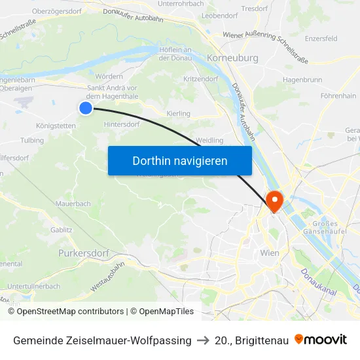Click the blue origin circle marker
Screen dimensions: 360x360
click(86, 108)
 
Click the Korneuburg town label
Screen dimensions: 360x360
click(232, 58)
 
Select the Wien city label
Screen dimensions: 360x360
click(270, 253)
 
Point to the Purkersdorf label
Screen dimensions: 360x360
click(82, 253)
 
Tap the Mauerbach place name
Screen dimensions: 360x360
click(73, 204)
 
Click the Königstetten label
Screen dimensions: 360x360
click(56, 126)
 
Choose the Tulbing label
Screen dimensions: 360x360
click(32, 141)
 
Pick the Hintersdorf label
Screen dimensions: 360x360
click(122, 124)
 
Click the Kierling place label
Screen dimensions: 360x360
click(179, 114)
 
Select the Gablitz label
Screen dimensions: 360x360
click(62, 230)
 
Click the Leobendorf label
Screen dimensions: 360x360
click(220, 15)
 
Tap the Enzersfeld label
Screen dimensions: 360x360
click(321, 39)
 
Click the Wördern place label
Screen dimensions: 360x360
click(109, 77)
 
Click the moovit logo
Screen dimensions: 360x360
click(320, 340)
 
